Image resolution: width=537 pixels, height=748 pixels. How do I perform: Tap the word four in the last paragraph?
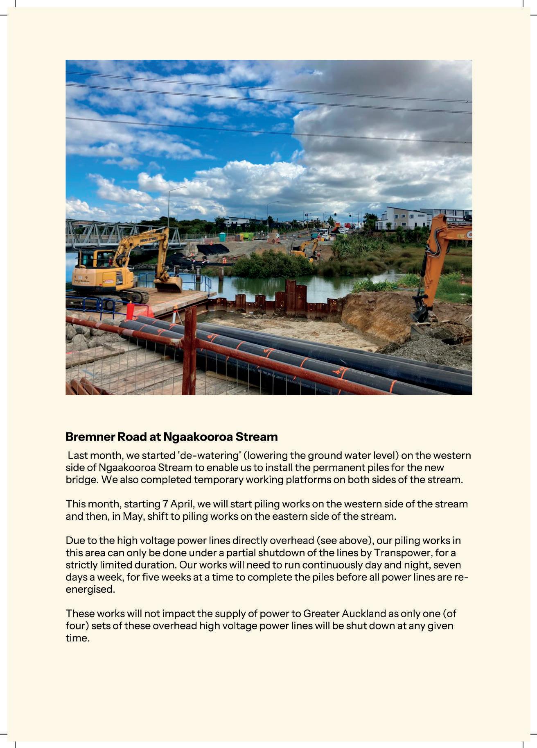[x=75, y=626]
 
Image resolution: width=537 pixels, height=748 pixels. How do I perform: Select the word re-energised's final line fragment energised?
[x=90, y=589]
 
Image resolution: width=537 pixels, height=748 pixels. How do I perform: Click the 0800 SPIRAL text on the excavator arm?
[x=149, y=238]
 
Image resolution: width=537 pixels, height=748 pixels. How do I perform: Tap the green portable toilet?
[x=222, y=237]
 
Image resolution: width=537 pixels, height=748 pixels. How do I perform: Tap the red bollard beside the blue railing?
[x=130, y=310]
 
